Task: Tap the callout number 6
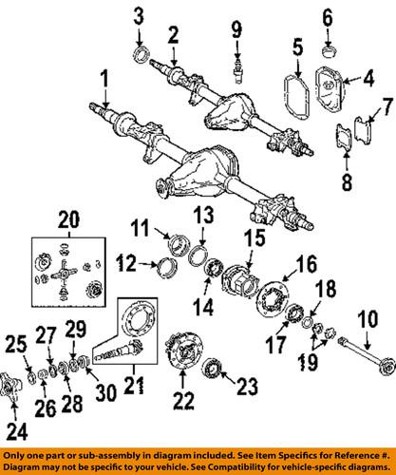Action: (328, 16)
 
